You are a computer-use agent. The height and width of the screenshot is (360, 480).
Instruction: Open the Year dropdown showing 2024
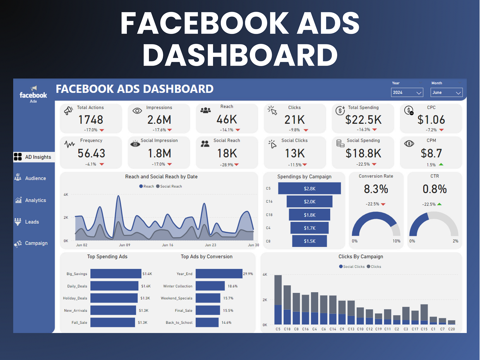click(407, 92)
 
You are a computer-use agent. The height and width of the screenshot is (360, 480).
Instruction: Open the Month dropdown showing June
click(446, 92)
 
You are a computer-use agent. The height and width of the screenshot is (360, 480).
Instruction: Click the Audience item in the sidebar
click(35, 178)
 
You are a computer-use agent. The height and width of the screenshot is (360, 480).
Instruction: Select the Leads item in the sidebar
click(32, 222)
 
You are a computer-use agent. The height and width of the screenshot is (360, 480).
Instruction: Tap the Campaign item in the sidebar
click(36, 243)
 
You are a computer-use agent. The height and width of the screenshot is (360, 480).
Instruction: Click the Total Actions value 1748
click(91, 120)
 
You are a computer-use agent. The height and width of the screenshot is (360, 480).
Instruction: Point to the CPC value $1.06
click(431, 120)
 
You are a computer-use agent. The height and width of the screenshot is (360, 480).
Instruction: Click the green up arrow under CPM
click(441, 164)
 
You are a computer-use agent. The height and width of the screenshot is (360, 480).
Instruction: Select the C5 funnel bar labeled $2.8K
click(309, 188)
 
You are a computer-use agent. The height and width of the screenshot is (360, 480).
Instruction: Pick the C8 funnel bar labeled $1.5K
click(309, 241)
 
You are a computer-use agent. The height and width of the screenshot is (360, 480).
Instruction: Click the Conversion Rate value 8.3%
click(376, 189)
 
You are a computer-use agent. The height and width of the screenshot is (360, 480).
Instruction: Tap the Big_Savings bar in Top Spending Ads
click(115, 274)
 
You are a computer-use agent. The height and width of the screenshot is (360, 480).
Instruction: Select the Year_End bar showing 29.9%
click(219, 274)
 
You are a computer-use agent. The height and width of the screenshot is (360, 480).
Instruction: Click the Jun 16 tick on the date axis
click(167, 245)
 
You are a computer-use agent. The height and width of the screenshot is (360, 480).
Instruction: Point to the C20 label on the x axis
click(451, 329)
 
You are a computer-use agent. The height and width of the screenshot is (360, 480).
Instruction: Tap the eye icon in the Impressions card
click(137, 111)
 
